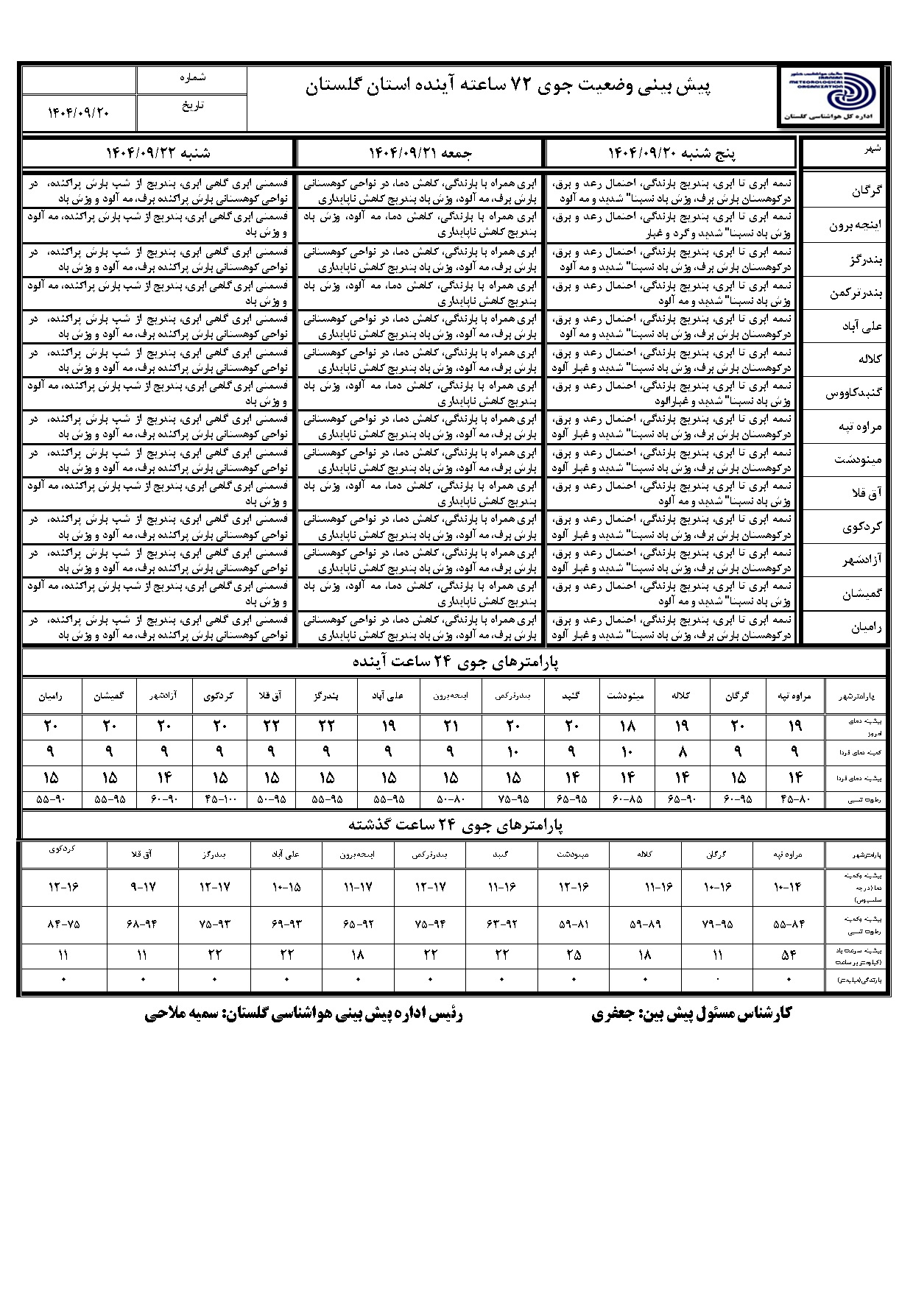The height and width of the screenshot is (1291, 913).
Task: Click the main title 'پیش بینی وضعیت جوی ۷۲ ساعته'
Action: [508, 87]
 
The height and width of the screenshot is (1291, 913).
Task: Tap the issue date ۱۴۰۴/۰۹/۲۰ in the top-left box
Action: [79, 113]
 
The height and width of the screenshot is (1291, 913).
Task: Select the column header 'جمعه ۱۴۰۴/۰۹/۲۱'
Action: [419, 153]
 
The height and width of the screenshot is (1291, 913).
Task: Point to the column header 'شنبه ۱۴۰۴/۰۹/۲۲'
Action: [158, 153]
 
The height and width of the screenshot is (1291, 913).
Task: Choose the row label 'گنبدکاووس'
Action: [854, 394]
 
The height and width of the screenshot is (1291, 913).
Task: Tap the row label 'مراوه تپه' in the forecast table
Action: [859, 428]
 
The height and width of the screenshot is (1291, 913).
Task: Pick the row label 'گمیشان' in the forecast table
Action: [861, 595]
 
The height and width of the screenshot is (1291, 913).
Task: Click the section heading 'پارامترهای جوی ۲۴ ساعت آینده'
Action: [456, 662]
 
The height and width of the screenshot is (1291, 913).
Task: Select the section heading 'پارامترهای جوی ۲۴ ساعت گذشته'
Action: [456, 825]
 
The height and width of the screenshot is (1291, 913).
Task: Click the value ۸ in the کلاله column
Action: [682, 751]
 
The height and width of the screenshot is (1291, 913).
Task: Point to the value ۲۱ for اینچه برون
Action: [451, 726]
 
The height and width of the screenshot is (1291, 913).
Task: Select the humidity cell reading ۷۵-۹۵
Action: [513, 799]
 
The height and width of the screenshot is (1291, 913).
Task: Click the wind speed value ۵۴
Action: [789, 955]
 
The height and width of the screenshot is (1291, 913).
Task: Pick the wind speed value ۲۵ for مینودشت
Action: [574, 955]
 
